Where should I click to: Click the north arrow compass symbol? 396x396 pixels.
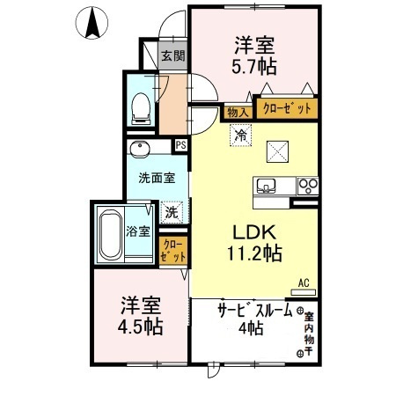click(x=91, y=21)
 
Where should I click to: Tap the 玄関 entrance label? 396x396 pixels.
click(x=172, y=57)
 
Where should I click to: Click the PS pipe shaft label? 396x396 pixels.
click(x=180, y=146)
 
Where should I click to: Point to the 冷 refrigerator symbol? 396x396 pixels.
click(x=240, y=135)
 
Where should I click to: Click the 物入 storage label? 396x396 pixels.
click(x=237, y=112)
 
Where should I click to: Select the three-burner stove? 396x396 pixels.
click(x=308, y=186)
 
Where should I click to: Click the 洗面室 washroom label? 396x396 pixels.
click(x=156, y=178)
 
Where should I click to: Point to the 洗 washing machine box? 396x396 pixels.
click(x=172, y=211)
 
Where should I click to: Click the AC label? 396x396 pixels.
click(x=304, y=282)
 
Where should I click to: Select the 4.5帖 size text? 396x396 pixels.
click(x=141, y=326)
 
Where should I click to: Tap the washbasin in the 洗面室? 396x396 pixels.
click(x=138, y=148)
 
